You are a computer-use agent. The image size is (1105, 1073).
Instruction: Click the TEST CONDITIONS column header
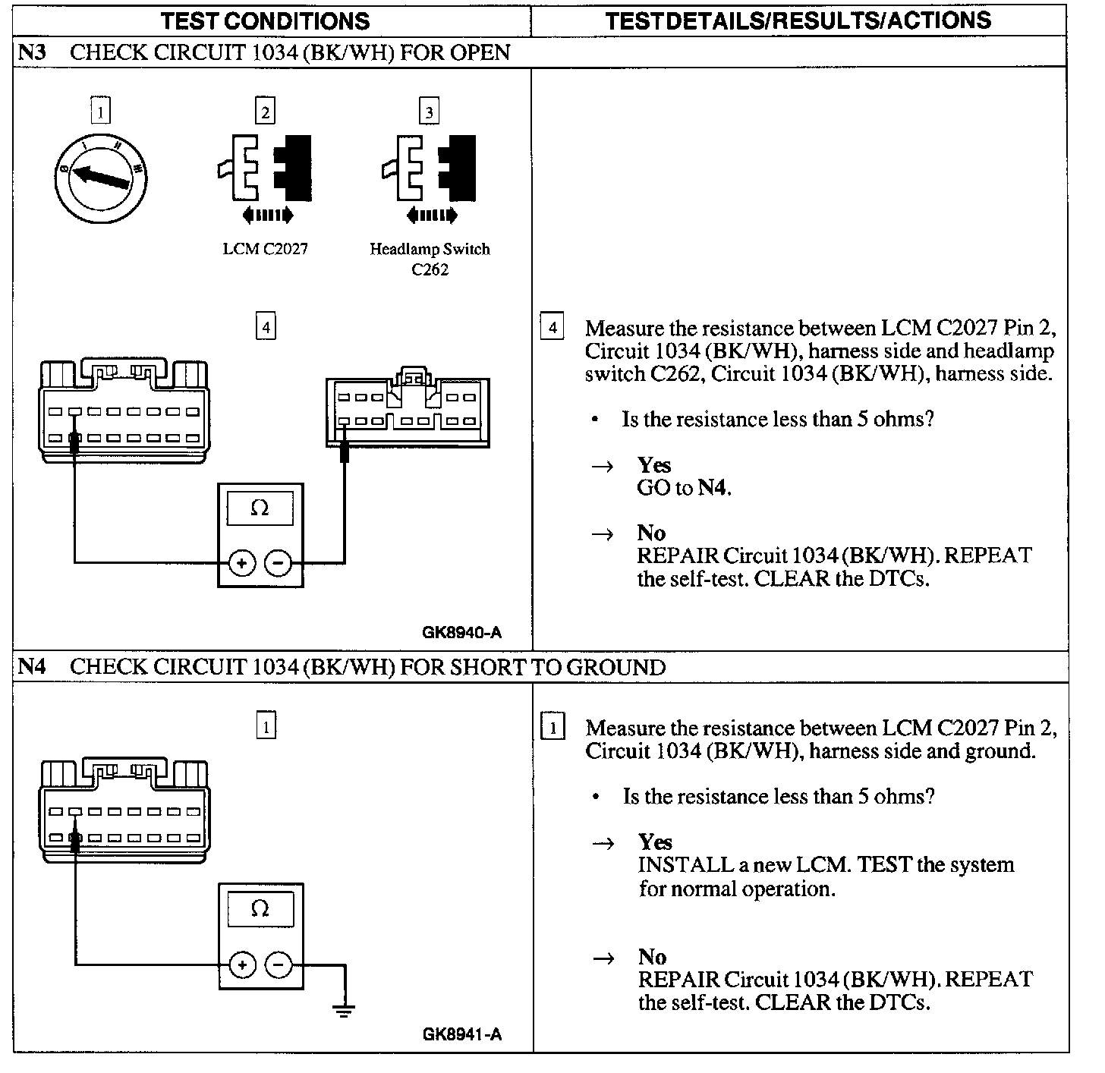point(265,20)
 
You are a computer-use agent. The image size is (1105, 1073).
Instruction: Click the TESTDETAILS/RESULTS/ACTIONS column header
point(798,20)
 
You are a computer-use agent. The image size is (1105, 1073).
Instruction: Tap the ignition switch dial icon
point(101,180)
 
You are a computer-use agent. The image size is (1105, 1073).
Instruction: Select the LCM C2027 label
point(265,249)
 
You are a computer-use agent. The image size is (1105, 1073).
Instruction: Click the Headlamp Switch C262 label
point(430,259)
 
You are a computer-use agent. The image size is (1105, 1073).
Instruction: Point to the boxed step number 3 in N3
point(430,112)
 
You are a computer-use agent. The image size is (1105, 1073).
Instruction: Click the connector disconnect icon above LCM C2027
point(266,178)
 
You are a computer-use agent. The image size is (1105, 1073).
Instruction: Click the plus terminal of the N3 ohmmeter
point(241,563)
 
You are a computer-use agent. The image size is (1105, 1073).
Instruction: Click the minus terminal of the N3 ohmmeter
point(278,563)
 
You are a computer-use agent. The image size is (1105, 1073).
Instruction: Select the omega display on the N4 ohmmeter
point(260,908)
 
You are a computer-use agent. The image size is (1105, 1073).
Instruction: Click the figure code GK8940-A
point(462,632)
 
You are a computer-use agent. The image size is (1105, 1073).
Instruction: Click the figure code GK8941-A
point(462,1034)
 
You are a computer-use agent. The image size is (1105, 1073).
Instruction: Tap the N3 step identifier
point(32,52)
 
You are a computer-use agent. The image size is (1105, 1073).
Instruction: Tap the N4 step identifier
point(32,666)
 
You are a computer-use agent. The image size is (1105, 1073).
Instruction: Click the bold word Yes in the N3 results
point(653,464)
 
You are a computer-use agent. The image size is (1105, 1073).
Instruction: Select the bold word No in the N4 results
point(652,956)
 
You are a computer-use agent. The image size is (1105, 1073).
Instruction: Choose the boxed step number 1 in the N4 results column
point(553,728)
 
